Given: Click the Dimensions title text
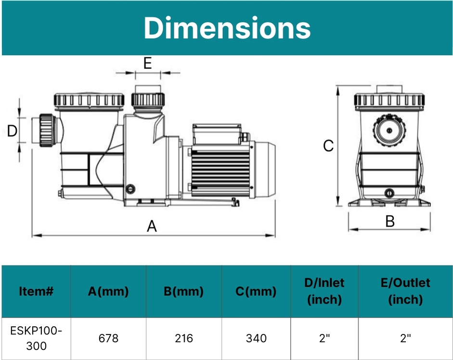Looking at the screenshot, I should pos(227,28).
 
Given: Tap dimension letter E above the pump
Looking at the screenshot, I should pos(148,64).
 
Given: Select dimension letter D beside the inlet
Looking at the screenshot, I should pos(13,130).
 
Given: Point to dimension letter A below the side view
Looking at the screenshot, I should pos(152,226).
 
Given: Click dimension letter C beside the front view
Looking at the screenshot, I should pos(328,145).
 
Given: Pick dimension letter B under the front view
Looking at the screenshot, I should pos(390,221).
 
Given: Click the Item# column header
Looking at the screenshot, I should pos(36,291).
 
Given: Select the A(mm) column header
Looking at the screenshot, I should pos(108,291).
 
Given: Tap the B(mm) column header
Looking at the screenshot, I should pos(183,291).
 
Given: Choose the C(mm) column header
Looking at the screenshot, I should pos(256,291).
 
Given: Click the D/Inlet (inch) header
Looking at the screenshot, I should pos(324,291).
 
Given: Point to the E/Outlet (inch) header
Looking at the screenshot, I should pos(405,291).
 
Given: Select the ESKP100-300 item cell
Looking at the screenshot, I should pos(36,338).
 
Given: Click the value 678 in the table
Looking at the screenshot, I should pos(108,338).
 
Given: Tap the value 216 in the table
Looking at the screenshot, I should pos(183,338).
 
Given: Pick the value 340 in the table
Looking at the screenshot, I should pos(256,338).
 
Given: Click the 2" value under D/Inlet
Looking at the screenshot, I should pos(324,338).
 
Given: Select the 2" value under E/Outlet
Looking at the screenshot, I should pos(405,338).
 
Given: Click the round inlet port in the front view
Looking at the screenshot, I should pos(389,129).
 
